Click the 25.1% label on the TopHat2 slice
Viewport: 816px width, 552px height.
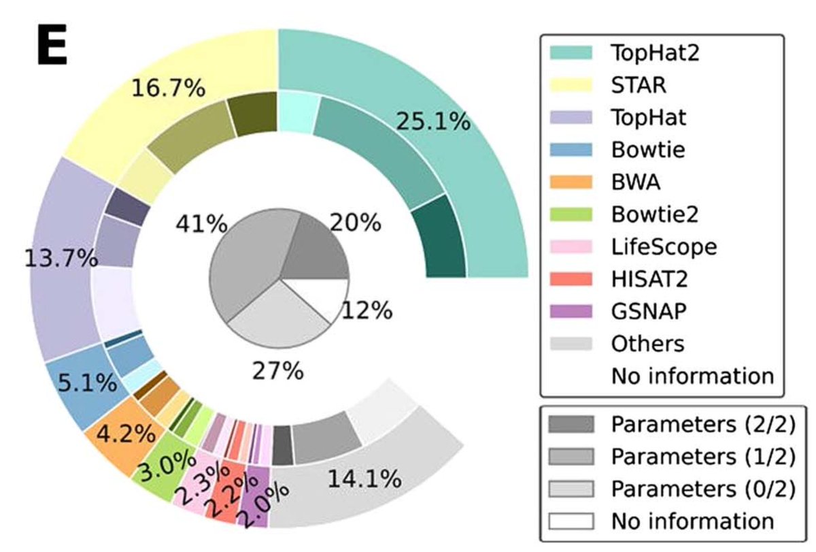click(x=432, y=122)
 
